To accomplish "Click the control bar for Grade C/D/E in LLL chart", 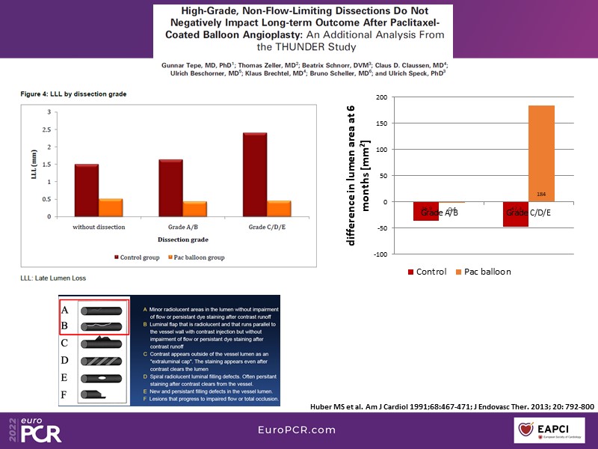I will click(255, 175).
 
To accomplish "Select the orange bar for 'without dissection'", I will click(111, 208).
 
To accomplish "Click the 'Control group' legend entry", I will click(138, 257).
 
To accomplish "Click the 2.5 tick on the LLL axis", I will click(50, 129).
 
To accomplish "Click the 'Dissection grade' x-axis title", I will click(183, 239).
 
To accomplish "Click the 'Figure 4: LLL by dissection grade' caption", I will click(73, 94).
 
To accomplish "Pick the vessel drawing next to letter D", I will click(103, 360).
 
